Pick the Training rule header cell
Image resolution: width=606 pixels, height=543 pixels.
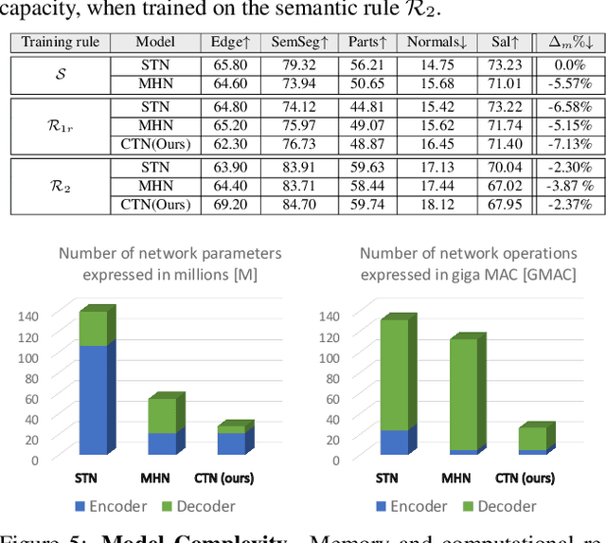pyautogui.click(x=60, y=43)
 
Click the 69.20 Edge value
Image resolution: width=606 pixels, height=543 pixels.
pyautogui.click(x=231, y=204)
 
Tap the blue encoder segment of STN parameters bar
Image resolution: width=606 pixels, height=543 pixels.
pyautogui.click(x=93, y=400)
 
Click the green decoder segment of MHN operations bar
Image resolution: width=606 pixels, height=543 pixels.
pyautogui.click(x=463, y=393)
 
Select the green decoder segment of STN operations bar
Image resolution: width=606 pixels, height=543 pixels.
pyautogui.click(x=394, y=374)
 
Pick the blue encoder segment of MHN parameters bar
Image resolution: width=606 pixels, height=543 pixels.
pyautogui.click(x=162, y=443)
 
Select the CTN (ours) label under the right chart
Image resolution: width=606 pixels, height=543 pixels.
pyautogui.click(x=526, y=479)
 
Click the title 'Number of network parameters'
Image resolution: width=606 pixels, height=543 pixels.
pyautogui.click(x=169, y=253)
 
